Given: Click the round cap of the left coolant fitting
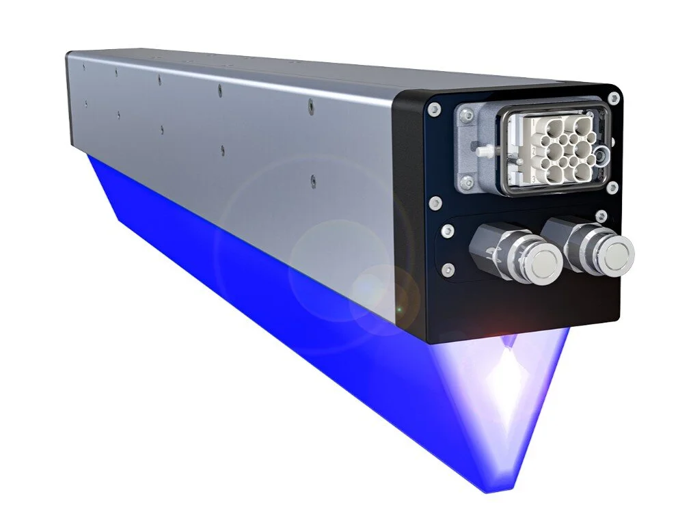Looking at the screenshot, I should (539, 262).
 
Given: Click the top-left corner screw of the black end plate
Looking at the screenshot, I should (433, 109).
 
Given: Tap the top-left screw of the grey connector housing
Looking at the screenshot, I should (467, 116).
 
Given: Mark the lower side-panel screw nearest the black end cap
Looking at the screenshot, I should (312, 181).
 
